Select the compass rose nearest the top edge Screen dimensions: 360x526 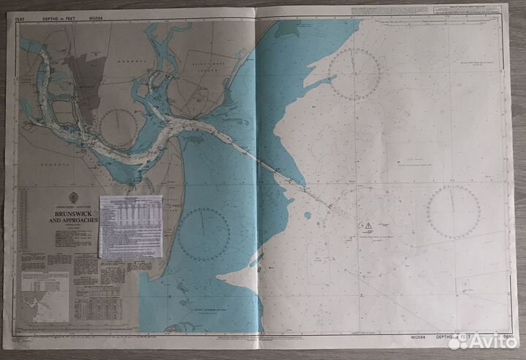click(x=354, y=73)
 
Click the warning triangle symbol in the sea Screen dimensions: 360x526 click(x=370, y=224)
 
